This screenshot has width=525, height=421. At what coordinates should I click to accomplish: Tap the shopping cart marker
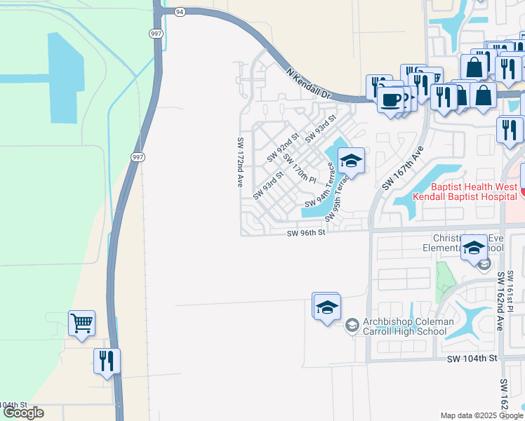pyautogui.click(x=81, y=323)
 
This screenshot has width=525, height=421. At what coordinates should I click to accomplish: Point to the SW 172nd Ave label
pyautogui.click(x=239, y=161)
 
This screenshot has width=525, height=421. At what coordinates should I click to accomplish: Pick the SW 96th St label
pyautogui.click(x=307, y=233)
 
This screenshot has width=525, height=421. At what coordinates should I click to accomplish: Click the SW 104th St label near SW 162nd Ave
pyautogui.click(x=472, y=358)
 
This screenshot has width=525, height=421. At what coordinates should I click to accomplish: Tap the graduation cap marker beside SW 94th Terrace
pyautogui.click(x=351, y=161)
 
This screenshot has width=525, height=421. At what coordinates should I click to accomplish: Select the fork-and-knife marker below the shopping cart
pyautogui.click(x=107, y=361)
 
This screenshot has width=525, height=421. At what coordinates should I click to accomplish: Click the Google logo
pyautogui.click(x=23, y=413)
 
